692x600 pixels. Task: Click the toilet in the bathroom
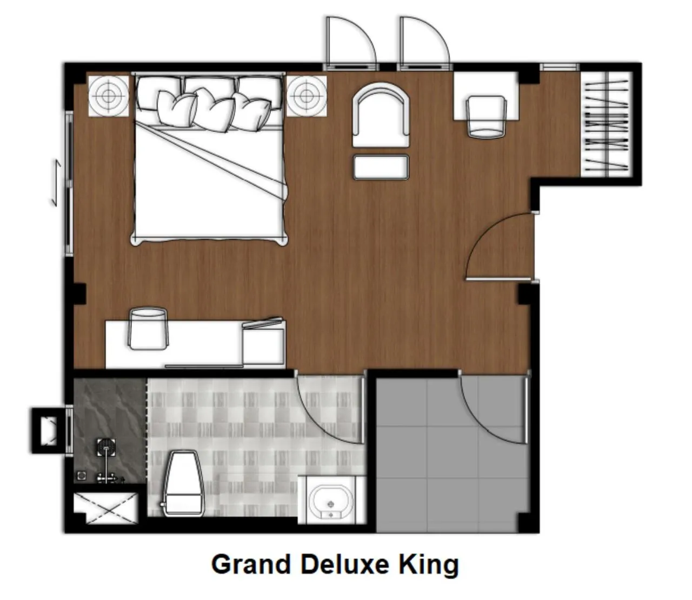coord(183,484)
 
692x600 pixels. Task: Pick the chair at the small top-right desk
coord(485,116)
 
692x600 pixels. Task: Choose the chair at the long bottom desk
coord(147,328)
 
